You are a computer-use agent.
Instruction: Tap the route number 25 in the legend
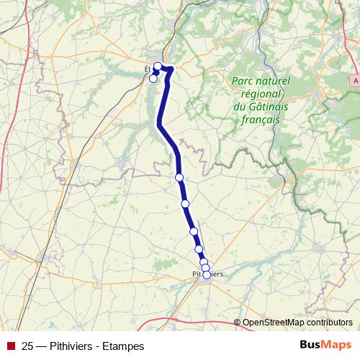coord(28,346)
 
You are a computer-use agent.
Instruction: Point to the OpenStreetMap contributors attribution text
coord(297,323)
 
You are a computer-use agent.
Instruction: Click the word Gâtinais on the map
coord(264,107)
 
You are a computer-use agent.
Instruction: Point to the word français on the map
coord(256,120)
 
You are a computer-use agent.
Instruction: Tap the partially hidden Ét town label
coord(147,70)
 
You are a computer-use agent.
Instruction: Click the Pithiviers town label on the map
coord(208,274)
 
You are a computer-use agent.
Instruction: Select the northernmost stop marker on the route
coord(158,66)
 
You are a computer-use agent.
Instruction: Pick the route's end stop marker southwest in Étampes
coord(153,78)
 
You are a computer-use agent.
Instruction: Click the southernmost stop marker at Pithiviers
coord(207,274)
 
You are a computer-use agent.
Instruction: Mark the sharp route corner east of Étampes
coord(173,69)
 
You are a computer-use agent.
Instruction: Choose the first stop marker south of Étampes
coord(179,177)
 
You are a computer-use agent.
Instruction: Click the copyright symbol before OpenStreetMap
coord(238,323)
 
